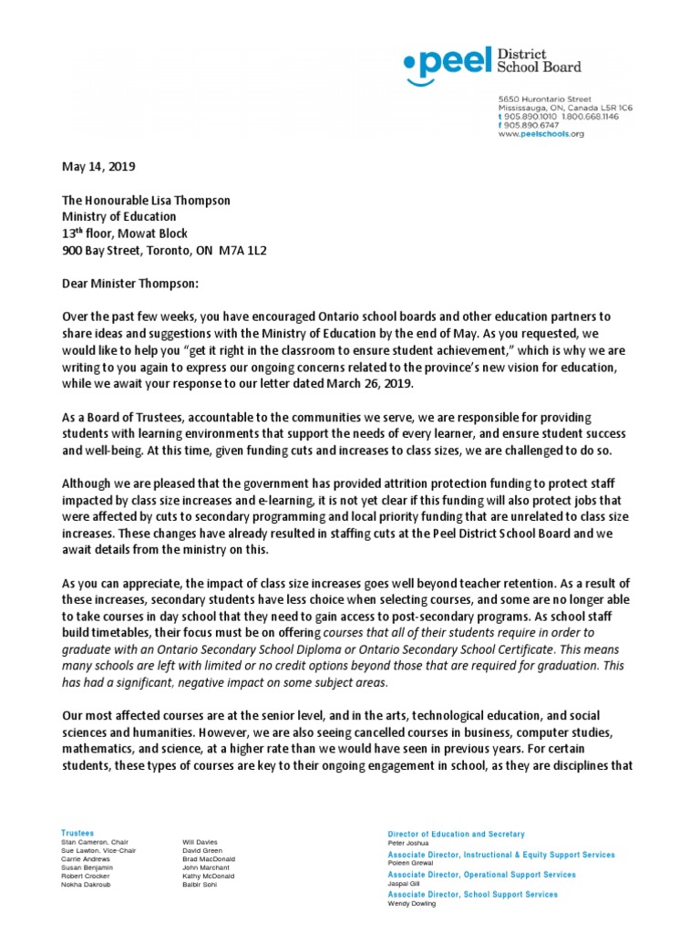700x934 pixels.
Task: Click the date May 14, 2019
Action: (x=98, y=167)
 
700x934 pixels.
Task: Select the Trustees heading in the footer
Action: (x=77, y=833)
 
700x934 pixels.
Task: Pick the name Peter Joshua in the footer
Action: (x=409, y=844)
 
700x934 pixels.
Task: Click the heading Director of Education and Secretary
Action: (x=456, y=834)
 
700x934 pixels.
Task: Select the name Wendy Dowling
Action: (x=412, y=904)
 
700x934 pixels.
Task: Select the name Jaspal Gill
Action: (x=405, y=884)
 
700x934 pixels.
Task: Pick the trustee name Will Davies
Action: (x=201, y=842)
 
